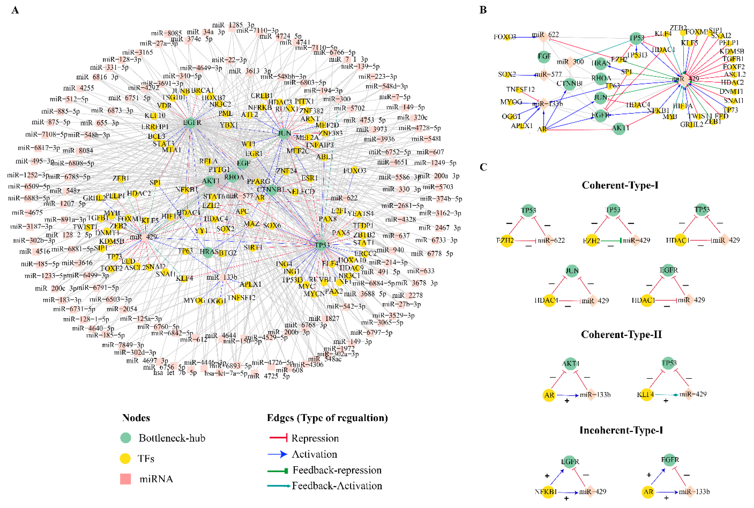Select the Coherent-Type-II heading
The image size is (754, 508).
coord(621,334)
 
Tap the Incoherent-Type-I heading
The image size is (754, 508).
coord(621,430)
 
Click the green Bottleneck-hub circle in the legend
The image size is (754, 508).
coord(126,438)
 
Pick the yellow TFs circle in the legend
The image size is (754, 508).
coord(125,459)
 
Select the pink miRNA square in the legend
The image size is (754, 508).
coord(126,479)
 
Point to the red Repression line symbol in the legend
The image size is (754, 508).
coord(278,438)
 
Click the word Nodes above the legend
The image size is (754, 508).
coord(136,418)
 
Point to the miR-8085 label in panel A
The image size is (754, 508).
coord(166,33)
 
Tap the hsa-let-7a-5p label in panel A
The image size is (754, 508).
coord(226,373)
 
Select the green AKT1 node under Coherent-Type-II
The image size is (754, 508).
coord(570,363)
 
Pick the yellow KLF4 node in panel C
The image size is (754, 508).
coord(646,395)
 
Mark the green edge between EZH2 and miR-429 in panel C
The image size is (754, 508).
coord(610,240)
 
